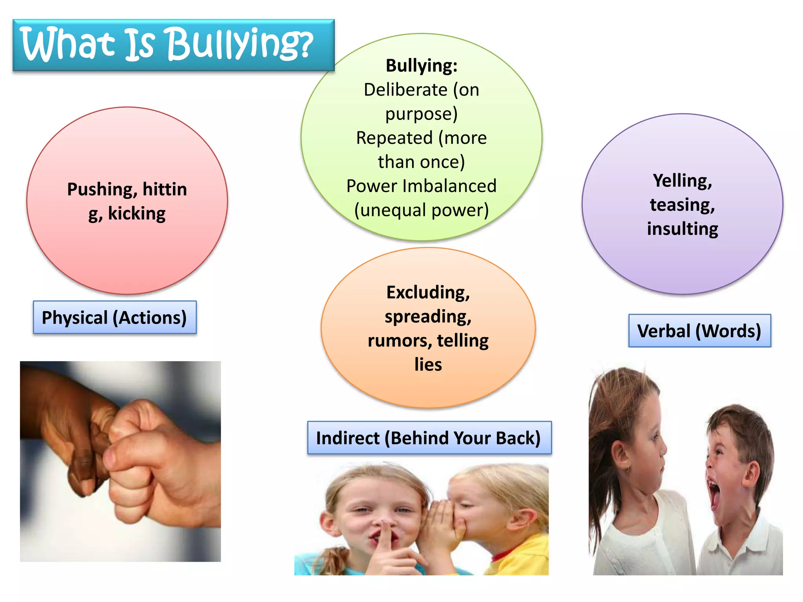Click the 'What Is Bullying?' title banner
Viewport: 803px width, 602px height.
(x=173, y=45)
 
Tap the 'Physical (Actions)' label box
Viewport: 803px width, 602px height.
(x=114, y=317)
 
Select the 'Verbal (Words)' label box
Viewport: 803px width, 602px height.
(x=699, y=331)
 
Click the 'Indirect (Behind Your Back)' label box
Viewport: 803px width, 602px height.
(x=429, y=438)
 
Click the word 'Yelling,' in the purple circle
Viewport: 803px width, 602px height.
(x=682, y=181)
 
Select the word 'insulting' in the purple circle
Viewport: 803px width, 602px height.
(x=682, y=229)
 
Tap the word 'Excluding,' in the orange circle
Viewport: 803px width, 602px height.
(x=428, y=292)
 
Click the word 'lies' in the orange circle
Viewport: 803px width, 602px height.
(x=428, y=364)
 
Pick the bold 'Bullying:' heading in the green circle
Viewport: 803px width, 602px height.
(x=421, y=65)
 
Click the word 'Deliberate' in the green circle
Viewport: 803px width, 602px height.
(x=405, y=90)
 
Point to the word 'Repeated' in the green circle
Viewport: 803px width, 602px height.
(x=394, y=138)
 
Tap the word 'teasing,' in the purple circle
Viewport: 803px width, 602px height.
(x=682, y=205)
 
